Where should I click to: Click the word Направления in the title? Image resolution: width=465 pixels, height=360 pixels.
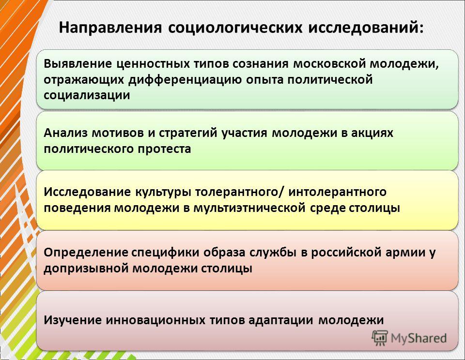click(x=110, y=28)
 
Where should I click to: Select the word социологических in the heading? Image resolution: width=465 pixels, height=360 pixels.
click(x=235, y=28)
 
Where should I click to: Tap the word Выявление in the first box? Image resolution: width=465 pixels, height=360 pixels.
click(x=77, y=63)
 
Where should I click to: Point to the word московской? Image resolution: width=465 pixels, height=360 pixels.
click(x=329, y=63)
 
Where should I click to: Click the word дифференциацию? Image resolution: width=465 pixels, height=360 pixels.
click(x=185, y=80)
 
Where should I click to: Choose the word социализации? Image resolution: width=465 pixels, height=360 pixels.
click(x=87, y=95)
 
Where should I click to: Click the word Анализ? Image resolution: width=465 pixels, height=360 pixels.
click(x=65, y=133)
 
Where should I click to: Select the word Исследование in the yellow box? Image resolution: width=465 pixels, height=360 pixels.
click(x=88, y=192)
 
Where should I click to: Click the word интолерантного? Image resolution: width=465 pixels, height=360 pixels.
click(x=338, y=192)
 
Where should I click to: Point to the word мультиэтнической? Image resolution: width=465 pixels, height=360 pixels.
click(x=249, y=208)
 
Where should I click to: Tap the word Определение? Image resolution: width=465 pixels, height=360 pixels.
click(x=86, y=253)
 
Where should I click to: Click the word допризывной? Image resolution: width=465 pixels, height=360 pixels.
click(x=86, y=269)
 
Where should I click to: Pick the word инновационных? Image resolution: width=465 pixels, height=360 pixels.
click(x=155, y=320)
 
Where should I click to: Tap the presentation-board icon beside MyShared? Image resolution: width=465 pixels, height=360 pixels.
click(x=380, y=338)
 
